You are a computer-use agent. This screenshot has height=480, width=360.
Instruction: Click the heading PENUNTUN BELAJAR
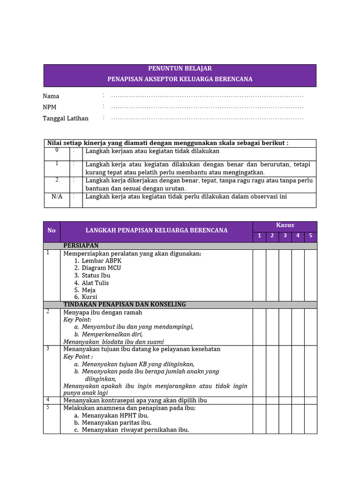pos(180,68)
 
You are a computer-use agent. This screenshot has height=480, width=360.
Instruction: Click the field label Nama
pos(51,96)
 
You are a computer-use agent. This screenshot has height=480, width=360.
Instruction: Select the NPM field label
pos(50,107)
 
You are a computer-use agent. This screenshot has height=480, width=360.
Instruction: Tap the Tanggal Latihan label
pos(66,119)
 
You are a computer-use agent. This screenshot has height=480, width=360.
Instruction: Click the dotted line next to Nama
pos(207,96)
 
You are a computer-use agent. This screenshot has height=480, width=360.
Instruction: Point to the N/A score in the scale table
pos(57,196)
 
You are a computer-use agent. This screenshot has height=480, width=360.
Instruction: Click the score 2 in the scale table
pos(57,180)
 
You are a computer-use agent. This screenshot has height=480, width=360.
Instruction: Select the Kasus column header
pos(285,225)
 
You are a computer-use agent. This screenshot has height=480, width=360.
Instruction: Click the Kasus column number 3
pos(285,236)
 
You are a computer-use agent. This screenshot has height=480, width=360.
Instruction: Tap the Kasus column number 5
pos(310,236)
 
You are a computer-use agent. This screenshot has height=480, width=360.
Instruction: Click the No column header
pos(52,231)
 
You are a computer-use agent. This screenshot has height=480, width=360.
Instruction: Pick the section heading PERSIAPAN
pos(81,246)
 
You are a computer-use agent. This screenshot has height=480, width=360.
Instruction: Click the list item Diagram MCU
pos(101,268)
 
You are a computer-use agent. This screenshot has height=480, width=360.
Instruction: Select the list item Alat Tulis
pos(95,283)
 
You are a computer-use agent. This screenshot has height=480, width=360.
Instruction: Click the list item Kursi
pos(89,297)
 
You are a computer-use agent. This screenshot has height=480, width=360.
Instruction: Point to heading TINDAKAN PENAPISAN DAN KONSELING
pos(125,305)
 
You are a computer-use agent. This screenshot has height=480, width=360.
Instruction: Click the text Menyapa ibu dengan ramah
pos(103,313)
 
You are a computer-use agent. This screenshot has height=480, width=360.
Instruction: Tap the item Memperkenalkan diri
pos(112,335)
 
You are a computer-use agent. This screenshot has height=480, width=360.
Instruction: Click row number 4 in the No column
pos(48,400)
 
